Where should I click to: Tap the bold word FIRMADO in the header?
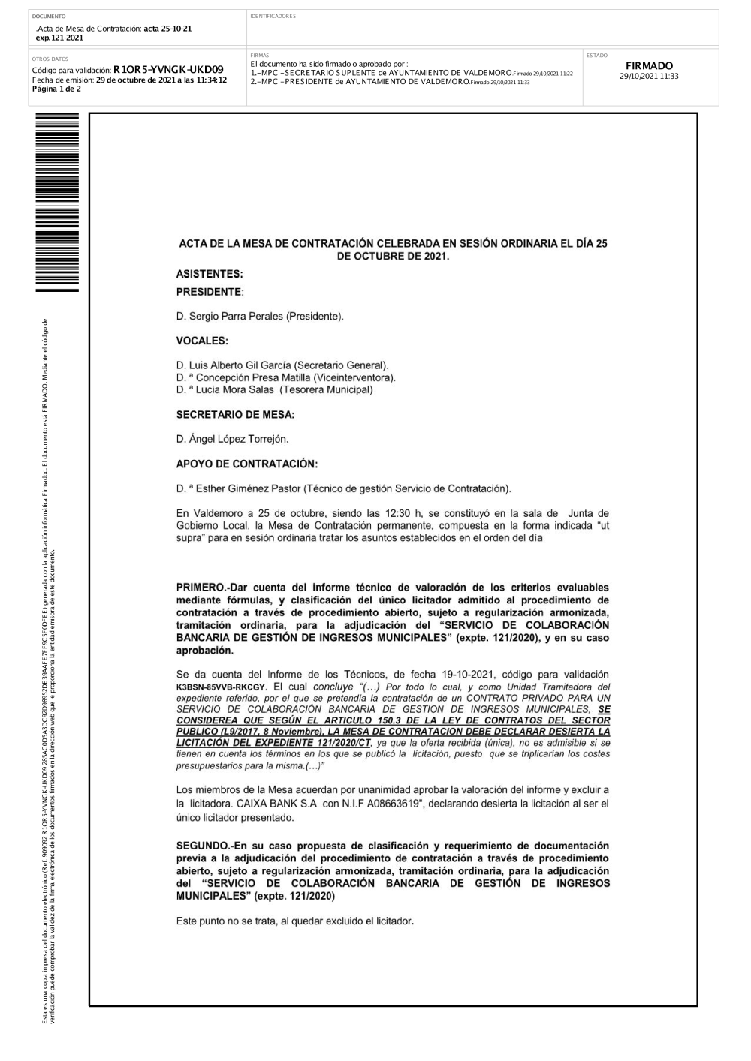(649, 66)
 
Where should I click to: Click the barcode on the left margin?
(57, 207)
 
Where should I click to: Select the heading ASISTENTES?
(210, 274)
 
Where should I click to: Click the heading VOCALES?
(202, 341)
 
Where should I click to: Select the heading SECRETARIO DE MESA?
(235, 414)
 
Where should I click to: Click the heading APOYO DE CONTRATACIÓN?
(247, 464)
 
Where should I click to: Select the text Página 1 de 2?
(56, 89)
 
